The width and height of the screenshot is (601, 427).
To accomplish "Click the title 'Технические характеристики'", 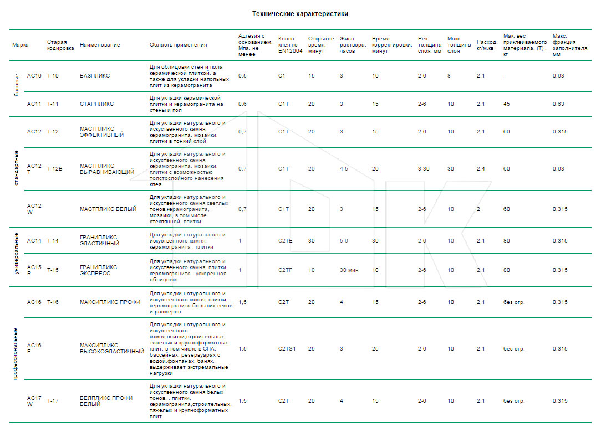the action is [x=300, y=14].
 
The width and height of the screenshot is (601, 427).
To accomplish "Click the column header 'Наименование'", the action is [x=100, y=45].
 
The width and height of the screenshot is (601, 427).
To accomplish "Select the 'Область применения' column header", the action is [x=178, y=45].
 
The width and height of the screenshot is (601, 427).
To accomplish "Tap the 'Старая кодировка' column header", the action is [x=60, y=45].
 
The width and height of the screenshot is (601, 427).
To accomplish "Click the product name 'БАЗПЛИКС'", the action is [x=95, y=76].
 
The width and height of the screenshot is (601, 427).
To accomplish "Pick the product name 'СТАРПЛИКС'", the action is [x=96, y=104].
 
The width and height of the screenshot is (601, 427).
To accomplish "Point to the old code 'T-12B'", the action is [x=54, y=169].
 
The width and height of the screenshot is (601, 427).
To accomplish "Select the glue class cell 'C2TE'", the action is [x=285, y=241].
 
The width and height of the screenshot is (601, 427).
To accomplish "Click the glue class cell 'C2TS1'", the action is [x=287, y=349].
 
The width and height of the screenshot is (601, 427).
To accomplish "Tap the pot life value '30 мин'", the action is [x=349, y=270].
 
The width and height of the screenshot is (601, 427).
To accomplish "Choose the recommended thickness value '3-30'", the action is [x=424, y=169].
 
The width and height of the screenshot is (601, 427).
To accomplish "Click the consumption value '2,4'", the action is [x=481, y=169].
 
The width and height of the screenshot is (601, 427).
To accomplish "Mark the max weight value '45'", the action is [x=506, y=104].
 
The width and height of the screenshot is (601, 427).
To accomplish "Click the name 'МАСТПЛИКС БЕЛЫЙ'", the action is [x=108, y=209].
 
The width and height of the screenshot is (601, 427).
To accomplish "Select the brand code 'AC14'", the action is [x=34, y=241].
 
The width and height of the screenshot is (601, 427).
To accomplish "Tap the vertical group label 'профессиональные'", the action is [x=16, y=354].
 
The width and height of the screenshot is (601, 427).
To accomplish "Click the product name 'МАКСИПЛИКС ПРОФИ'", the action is [x=110, y=302].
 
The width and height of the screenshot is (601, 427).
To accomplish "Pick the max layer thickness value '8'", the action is [x=449, y=76].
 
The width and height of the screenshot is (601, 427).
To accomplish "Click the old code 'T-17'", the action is [x=53, y=401].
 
